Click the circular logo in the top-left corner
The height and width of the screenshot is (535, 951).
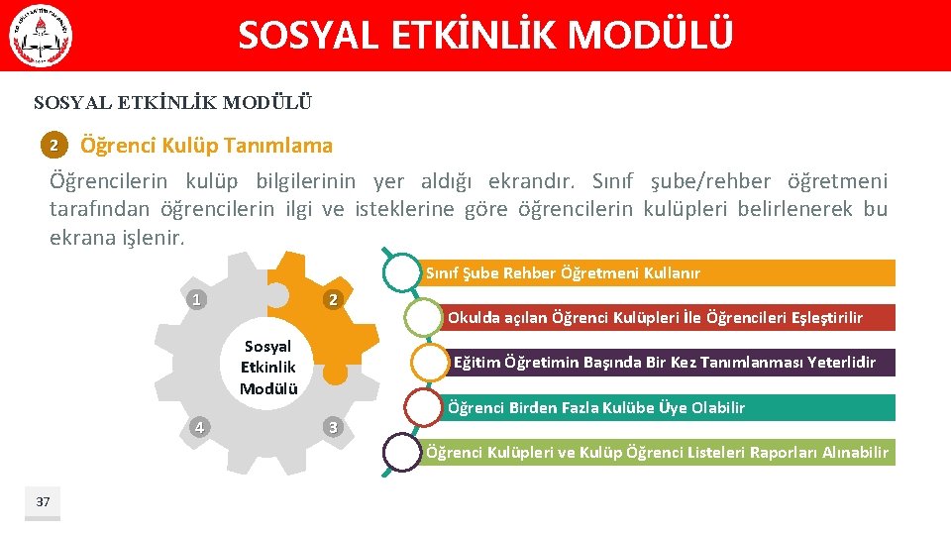(x=41, y=36)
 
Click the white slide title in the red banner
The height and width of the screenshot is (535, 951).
(x=485, y=36)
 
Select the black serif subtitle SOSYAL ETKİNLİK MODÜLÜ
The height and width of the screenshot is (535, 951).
(x=172, y=102)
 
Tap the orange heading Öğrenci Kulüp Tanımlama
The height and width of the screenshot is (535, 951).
(x=206, y=146)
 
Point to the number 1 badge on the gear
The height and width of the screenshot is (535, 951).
(x=198, y=299)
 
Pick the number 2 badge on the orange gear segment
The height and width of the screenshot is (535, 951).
(x=334, y=299)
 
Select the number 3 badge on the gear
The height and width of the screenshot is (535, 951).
(x=334, y=427)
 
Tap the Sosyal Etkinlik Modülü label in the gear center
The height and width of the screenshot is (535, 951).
(x=267, y=367)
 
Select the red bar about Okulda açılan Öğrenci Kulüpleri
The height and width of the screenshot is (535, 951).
(x=669, y=317)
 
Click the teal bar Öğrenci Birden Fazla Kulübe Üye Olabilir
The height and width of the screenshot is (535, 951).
(x=669, y=407)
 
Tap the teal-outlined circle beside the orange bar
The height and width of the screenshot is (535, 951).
(x=402, y=272)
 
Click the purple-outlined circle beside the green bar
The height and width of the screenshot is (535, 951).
(x=402, y=453)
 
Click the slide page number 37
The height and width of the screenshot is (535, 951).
(x=43, y=502)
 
